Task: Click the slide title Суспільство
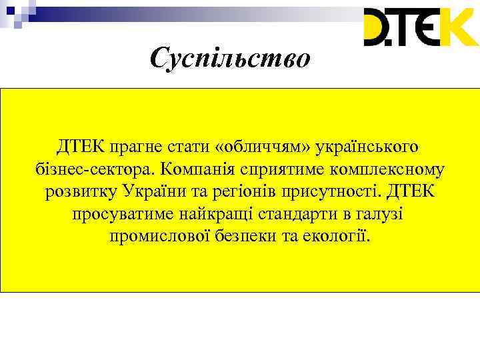click(x=230, y=59)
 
